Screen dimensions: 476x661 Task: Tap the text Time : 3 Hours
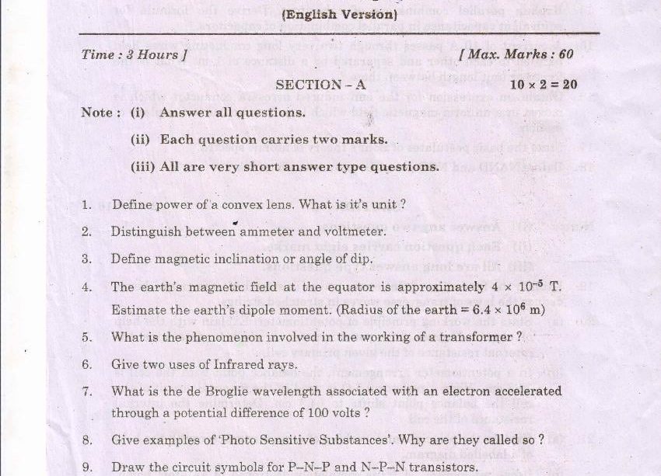coord(134,55)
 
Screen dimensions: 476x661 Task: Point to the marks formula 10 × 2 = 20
coord(544,85)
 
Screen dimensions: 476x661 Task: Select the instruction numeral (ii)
coord(141,140)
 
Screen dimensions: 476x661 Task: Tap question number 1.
coord(86,206)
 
